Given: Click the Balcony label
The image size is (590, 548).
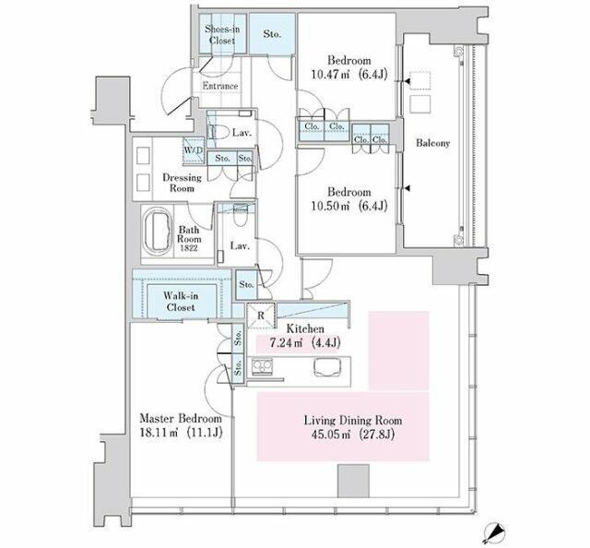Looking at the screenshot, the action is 432,143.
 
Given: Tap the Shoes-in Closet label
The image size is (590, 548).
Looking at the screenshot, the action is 222,35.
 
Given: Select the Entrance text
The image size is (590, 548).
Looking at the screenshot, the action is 220,86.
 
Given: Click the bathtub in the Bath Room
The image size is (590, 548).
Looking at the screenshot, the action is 158,231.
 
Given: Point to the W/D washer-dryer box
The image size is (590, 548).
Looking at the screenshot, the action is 194,150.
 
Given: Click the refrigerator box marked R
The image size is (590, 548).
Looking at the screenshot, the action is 261,316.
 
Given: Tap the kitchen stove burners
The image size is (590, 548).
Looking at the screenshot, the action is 262,366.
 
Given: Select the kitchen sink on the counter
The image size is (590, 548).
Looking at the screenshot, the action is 327,367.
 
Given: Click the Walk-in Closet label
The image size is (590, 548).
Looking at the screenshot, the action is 181,302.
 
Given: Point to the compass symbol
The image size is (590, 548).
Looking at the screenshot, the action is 492,532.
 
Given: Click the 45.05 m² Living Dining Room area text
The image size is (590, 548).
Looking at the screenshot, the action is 352,435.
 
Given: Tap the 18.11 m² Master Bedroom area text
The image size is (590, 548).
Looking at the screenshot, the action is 181,433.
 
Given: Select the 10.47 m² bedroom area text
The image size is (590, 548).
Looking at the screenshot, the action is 349,75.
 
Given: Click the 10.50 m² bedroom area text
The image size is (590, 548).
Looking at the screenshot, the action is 349,207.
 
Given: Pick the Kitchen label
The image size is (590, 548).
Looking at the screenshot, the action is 305,328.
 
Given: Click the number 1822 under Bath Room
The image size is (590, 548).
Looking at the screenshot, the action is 189,248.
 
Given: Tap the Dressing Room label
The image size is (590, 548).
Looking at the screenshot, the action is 183,183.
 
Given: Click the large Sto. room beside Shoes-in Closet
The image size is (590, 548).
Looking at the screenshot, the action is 272,34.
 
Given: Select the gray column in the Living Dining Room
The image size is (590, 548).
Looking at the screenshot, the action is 353,481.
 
